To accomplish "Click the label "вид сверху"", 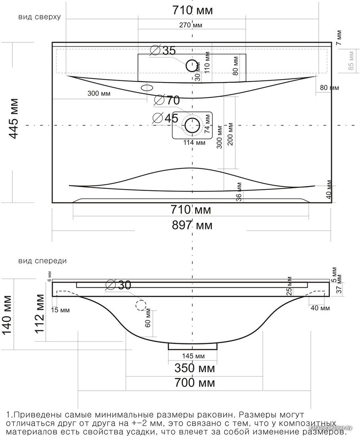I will click(x=39, y=17).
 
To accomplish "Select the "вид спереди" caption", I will click(x=42, y=261).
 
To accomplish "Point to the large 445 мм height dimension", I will click(x=14, y=118).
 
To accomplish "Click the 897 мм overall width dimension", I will click(x=192, y=226).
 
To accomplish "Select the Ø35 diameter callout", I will click(x=163, y=51).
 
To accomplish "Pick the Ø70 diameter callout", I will click(x=167, y=100).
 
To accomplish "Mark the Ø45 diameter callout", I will click(x=165, y=118).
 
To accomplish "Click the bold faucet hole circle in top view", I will click(x=192, y=66).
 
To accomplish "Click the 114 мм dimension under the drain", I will click(x=194, y=143).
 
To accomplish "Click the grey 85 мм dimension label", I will click(x=350, y=61).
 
